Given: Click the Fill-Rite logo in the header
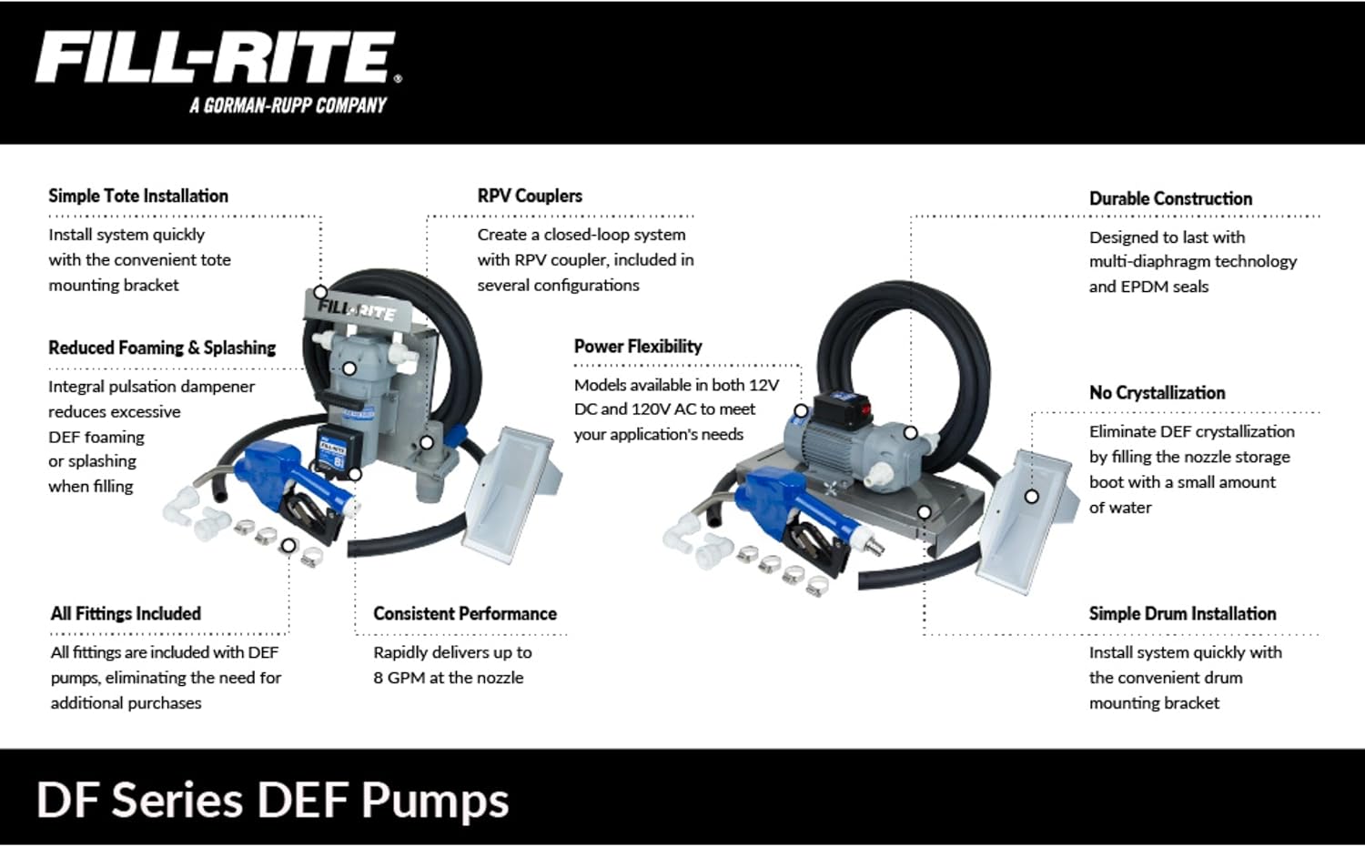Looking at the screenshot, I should [x=217, y=59].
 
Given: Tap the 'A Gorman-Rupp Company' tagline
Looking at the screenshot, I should [x=288, y=106].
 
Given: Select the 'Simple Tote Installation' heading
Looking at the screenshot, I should [x=138, y=196].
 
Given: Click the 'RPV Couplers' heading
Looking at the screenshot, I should [x=530, y=196].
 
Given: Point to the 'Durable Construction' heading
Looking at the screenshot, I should [x=1170, y=198].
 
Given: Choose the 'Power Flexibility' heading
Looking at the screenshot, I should [x=638, y=347].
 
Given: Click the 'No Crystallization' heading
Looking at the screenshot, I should [x=1157, y=393].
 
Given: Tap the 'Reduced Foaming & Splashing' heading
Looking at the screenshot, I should [x=162, y=348].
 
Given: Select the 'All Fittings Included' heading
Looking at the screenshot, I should [x=126, y=614].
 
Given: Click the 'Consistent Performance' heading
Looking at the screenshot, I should [x=465, y=614].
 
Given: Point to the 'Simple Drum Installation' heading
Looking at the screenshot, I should [x=1182, y=614].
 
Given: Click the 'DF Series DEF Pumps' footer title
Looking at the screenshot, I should [x=273, y=801].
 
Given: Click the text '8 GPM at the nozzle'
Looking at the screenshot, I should [x=449, y=678].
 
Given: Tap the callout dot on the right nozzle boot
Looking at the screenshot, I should [x=1031, y=497].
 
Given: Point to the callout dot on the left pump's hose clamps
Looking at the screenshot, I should [x=288, y=546].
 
